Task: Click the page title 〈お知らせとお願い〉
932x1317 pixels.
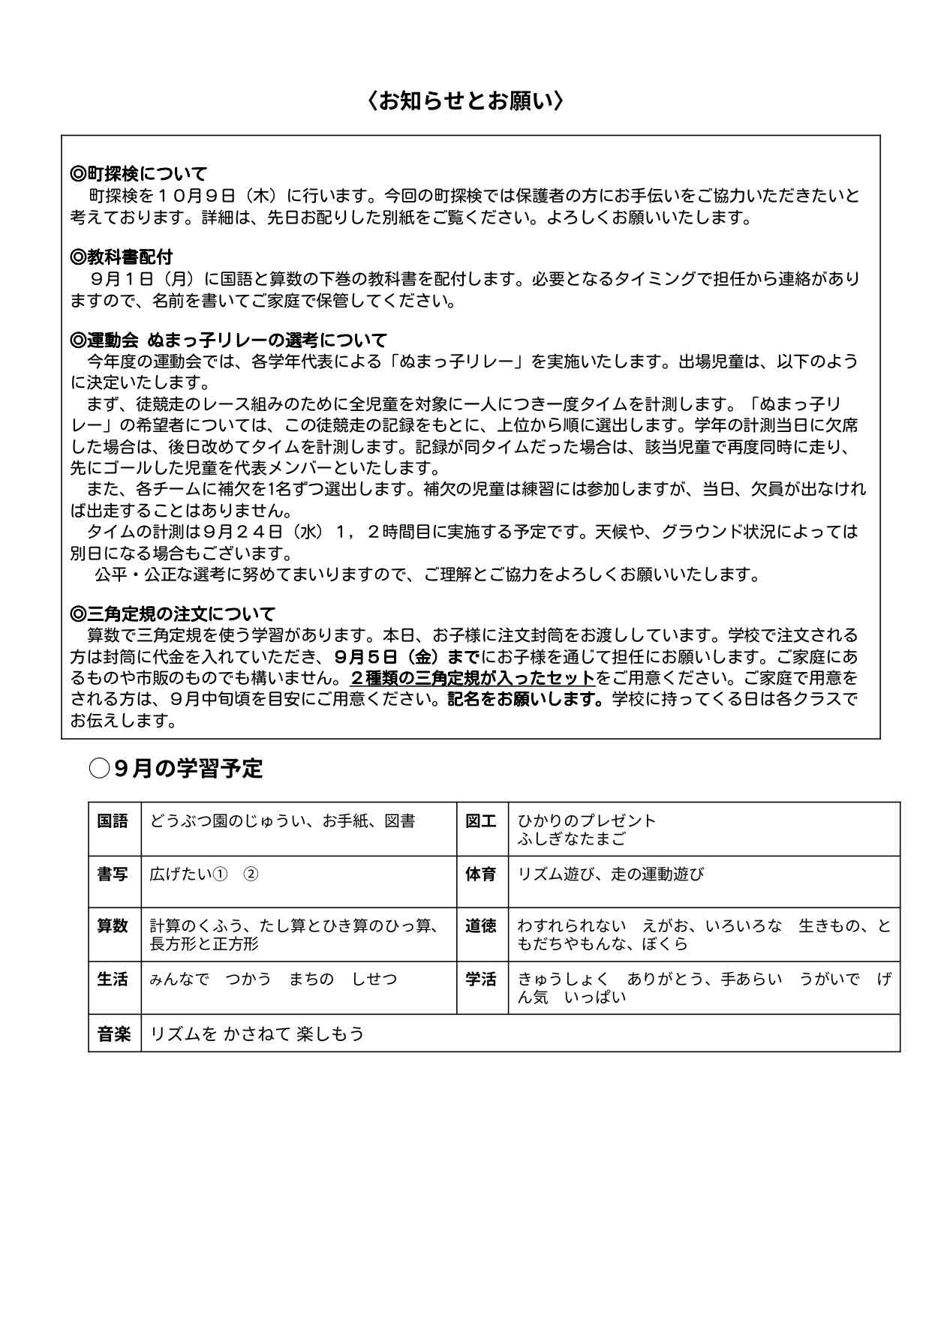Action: (x=465, y=100)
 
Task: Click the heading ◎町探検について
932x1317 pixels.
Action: (x=138, y=175)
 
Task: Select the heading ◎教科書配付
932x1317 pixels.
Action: (x=122, y=258)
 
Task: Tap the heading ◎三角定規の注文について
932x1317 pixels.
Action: (x=173, y=614)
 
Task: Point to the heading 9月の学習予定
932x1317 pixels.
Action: (x=188, y=769)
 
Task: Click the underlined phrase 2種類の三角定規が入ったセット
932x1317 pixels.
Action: (x=472, y=678)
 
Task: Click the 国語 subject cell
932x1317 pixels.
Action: (x=114, y=821)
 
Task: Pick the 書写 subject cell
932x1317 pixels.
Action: (x=114, y=874)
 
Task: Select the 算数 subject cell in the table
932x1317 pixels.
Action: (x=114, y=927)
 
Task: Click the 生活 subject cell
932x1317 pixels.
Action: (x=114, y=979)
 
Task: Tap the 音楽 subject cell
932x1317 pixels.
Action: (x=114, y=1034)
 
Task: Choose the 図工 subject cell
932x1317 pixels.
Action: (x=482, y=821)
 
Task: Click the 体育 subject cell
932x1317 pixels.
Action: (x=482, y=874)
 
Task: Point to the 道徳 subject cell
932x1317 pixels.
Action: (x=482, y=927)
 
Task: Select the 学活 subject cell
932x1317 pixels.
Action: (x=482, y=979)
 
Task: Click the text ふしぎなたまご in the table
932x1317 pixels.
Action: (x=571, y=839)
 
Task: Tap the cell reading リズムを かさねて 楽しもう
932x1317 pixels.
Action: (x=257, y=1034)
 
